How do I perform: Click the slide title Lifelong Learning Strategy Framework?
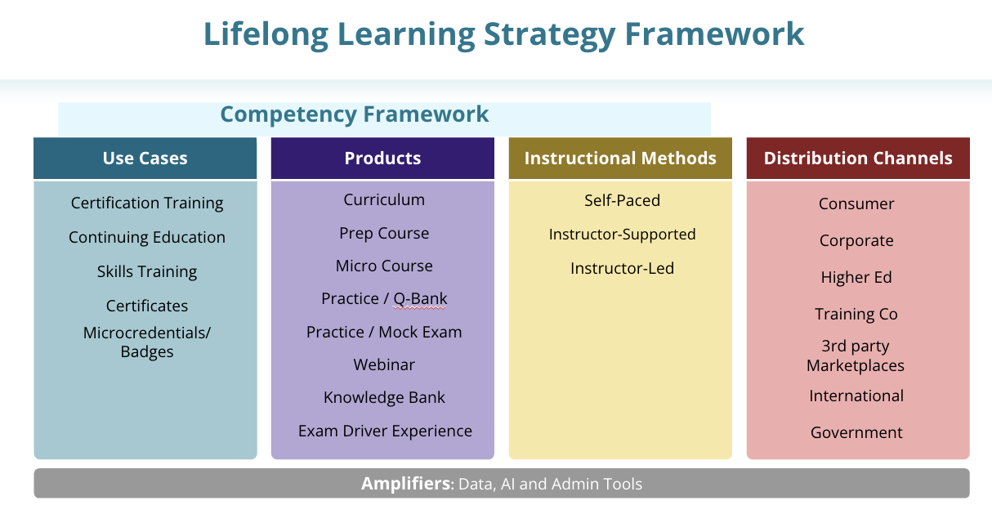tap(503, 34)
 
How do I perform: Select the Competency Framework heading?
tap(355, 114)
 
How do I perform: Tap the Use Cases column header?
tap(145, 159)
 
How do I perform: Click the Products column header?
tap(382, 159)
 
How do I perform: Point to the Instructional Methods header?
tap(620, 159)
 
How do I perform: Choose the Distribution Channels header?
tap(858, 159)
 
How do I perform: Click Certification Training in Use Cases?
tap(147, 203)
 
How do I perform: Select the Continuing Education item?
tap(147, 237)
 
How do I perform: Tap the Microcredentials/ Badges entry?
tap(147, 342)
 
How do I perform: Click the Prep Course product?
tap(384, 233)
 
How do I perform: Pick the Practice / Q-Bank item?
tap(384, 299)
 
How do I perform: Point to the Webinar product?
tap(384, 364)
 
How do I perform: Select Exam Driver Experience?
tap(385, 431)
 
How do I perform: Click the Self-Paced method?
tap(622, 200)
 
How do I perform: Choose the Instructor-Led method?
tap(622, 268)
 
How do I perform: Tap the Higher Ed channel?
tap(856, 277)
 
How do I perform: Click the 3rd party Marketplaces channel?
tap(856, 355)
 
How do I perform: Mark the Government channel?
tap(856, 432)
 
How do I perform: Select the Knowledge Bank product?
tap(384, 398)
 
